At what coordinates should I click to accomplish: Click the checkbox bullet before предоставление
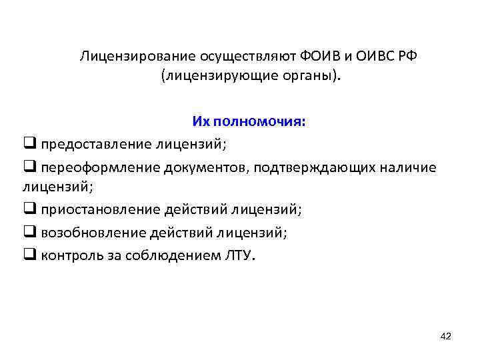[x=29, y=143]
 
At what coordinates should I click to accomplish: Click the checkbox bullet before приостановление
[x=29, y=210]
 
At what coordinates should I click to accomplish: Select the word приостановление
[x=89, y=211]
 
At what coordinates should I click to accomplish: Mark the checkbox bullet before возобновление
[x=29, y=233]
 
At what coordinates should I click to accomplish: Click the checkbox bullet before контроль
[x=29, y=255]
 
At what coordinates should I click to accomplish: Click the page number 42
[x=446, y=336]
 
